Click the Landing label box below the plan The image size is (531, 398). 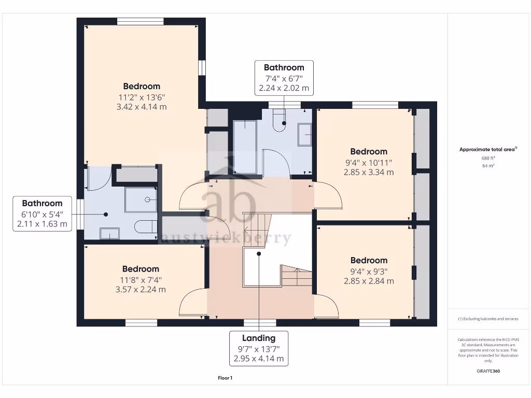point(258,348)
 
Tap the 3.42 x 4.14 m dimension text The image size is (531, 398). point(141,107)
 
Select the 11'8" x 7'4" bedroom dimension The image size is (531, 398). point(141,279)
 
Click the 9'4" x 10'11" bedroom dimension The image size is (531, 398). point(369,162)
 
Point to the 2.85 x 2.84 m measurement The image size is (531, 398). point(369,281)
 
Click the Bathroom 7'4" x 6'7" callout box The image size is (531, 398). point(284,78)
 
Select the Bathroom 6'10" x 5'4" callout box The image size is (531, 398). point(42,214)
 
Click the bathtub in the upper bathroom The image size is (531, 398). point(244,147)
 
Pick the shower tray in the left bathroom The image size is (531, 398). point(141,200)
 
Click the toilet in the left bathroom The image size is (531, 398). point(145,227)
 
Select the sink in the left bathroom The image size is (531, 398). point(109,233)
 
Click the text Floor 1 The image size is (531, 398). point(225,378)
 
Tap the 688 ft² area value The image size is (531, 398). point(487,158)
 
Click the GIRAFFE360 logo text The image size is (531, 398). point(487,371)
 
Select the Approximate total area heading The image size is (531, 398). point(487,149)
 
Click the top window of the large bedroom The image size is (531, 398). point(141,21)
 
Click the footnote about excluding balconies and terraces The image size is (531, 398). point(487,319)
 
